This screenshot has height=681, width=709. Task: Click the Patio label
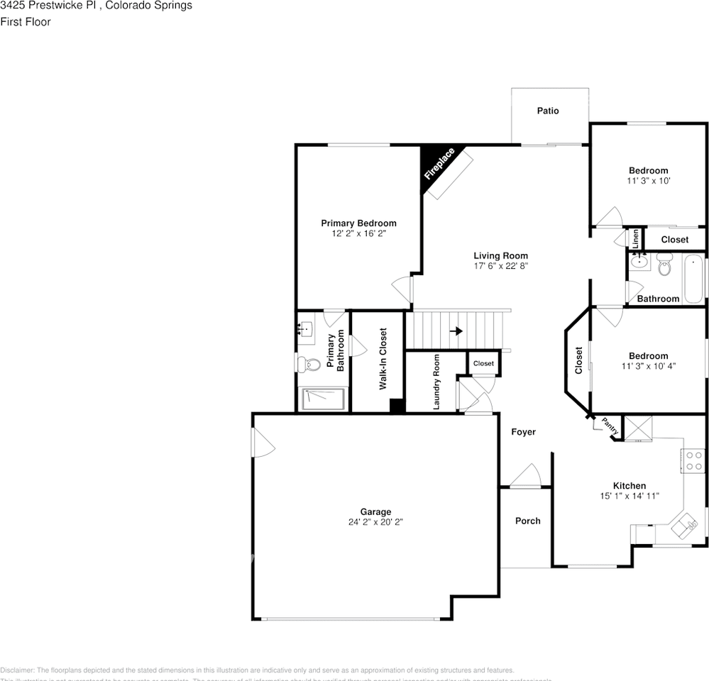click(547, 111)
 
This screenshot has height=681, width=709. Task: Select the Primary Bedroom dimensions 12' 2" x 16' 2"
click(358, 233)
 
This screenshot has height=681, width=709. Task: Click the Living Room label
click(500, 255)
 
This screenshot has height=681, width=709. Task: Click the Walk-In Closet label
click(383, 358)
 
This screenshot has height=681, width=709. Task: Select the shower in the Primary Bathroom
click(323, 399)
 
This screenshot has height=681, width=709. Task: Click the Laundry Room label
click(436, 382)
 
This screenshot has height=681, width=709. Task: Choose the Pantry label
click(610, 427)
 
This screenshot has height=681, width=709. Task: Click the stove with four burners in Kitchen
click(693, 461)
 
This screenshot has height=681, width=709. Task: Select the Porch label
click(527, 521)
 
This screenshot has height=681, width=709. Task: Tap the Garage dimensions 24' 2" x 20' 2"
click(375, 522)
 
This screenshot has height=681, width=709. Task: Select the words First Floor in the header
click(26, 22)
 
